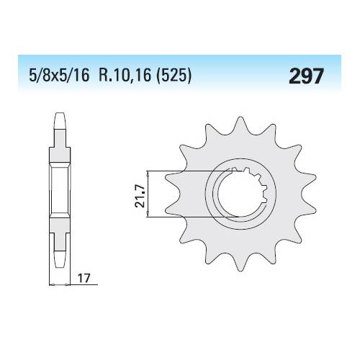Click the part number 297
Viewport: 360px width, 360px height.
(306, 76)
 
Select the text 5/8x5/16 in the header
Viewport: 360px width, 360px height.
(59, 75)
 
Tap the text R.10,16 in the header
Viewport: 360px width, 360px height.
(125, 75)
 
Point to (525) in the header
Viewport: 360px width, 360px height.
(174, 75)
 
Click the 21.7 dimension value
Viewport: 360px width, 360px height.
(140, 196)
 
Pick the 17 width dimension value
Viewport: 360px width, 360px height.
(84, 279)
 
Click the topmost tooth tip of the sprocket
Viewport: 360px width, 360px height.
(240, 117)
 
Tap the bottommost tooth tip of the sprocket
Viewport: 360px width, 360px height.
(240, 271)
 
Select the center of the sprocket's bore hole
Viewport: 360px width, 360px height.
(240, 194)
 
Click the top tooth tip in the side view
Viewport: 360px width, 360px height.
(60, 113)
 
